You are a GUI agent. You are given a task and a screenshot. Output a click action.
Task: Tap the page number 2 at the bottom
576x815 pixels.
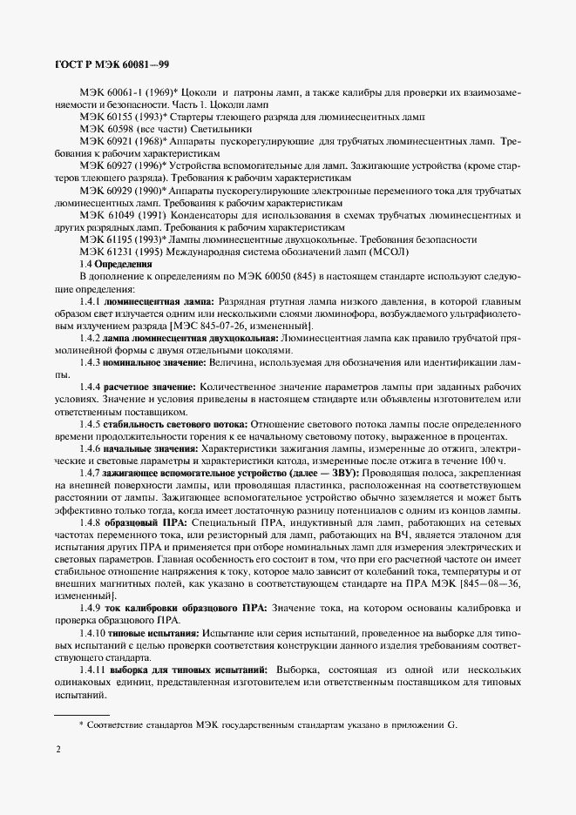pos(58,748)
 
